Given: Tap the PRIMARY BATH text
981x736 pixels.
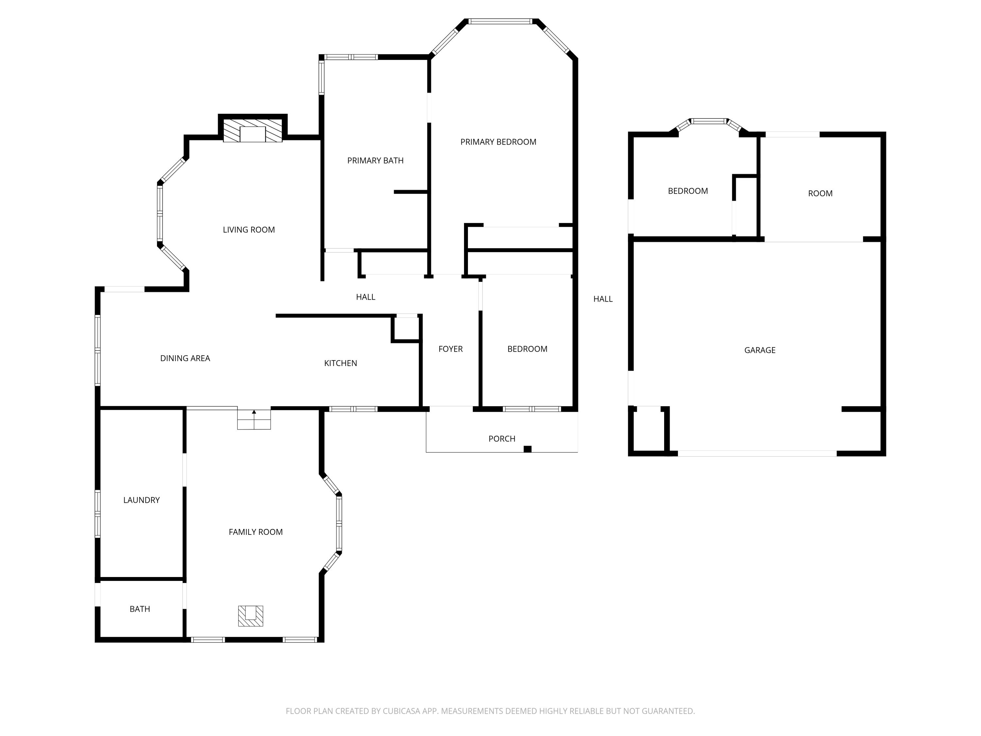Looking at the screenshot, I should coord(375,161).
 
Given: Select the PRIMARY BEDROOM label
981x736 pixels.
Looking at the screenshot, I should coord(498,142).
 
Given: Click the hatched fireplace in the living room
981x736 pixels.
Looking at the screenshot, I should coord(252,130).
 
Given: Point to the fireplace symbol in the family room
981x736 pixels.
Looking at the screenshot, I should coord(250,616).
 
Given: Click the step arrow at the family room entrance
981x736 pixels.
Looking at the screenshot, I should coord(254,412).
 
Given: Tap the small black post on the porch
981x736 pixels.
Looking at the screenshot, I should coord(527,449).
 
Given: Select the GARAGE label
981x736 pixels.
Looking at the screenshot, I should coord(760,350).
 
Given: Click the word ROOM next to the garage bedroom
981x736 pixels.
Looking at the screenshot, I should coord(820,193).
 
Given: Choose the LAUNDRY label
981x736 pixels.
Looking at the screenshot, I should coord(141,500).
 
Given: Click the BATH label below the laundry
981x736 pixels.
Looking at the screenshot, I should coord(140,609).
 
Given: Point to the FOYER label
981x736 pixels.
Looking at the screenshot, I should coord(450,349).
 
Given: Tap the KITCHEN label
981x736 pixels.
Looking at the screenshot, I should coord(340,363).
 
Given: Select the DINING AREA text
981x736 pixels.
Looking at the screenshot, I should coord(185,359).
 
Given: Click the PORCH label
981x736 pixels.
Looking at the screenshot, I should coord(502,439).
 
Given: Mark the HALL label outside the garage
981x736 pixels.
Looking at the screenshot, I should coord(603,299).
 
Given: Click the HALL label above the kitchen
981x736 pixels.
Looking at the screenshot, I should coord(366,297).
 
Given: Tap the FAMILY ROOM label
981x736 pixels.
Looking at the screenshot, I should coord(255,532).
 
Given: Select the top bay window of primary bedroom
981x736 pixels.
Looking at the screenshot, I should coord(500,21).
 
